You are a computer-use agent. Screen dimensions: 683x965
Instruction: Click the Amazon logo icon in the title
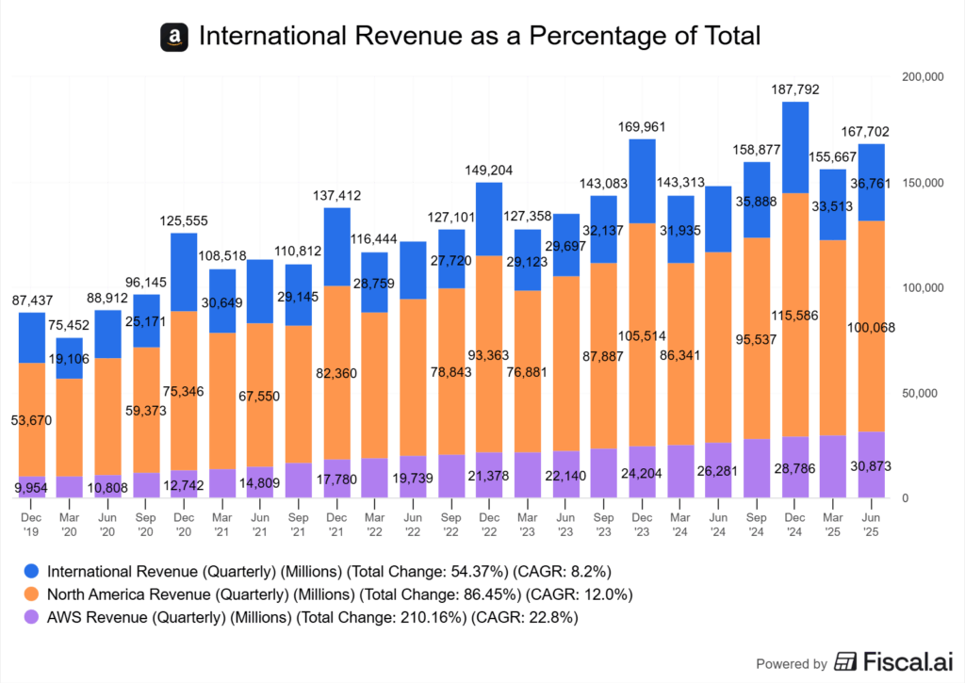(173, 37)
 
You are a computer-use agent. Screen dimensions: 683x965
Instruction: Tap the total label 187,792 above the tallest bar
(795, 89)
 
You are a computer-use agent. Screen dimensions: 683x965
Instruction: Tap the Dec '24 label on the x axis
(795, 523)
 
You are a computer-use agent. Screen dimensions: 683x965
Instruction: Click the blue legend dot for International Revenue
(30, 571)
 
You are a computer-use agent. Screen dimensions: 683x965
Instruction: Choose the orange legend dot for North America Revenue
(30, 594)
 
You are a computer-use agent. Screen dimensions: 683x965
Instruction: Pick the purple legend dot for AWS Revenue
(30, 618)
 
